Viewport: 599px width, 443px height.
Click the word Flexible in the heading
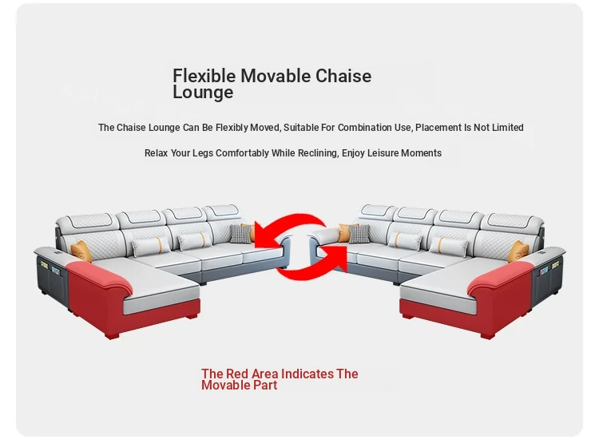204,76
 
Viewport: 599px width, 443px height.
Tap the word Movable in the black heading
276,76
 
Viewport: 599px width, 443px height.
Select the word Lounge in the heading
203,93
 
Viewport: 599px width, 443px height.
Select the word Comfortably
242,153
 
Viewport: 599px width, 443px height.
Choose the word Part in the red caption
265,385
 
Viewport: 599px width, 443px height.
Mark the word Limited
507,127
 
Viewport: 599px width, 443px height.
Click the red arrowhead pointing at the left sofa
264,235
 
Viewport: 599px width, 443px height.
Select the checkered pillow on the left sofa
240,233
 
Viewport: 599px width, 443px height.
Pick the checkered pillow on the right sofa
359,233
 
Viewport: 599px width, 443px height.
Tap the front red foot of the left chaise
113,335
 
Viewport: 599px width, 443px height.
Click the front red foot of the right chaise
487,335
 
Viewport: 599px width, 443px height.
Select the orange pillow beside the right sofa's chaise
518,251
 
